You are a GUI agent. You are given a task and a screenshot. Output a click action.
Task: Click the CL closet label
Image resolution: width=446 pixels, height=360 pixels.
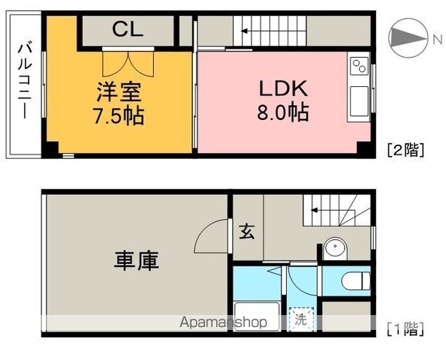128,29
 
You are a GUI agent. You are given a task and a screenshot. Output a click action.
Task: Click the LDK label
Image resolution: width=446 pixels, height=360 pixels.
284,88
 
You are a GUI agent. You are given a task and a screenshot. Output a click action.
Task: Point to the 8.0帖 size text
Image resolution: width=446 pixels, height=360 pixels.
284,113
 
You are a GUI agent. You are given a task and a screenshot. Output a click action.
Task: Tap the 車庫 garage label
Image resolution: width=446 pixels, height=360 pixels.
137,261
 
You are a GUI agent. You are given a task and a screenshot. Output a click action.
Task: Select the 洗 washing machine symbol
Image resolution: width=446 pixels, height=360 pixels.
300,319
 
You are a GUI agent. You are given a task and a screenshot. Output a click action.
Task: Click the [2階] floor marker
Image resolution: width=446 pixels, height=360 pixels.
406,149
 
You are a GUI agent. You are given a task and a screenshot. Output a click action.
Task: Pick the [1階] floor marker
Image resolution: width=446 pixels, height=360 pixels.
406,328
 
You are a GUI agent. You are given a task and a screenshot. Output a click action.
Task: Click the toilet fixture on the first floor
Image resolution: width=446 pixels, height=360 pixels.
353,282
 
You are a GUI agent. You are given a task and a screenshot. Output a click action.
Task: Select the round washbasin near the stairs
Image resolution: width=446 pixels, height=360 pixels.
334,248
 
